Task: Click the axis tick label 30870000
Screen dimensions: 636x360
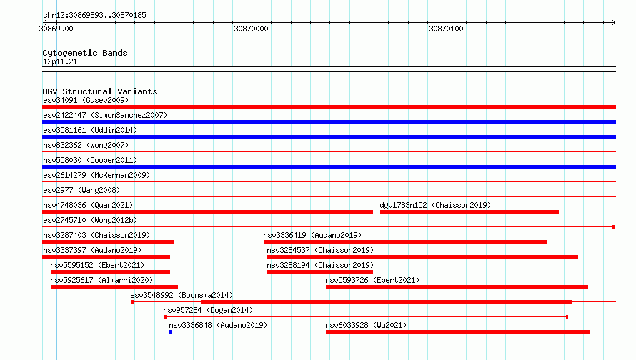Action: click(251, 29)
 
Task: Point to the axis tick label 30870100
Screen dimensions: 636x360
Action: click(446, 29)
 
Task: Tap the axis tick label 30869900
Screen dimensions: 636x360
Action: click(56, 29)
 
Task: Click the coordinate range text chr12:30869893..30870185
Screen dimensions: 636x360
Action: click(94, 16)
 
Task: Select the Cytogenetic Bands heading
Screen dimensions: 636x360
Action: click(85, 53)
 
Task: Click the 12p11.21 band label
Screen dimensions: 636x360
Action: click(60, 61)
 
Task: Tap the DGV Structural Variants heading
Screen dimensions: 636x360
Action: click(100, 91)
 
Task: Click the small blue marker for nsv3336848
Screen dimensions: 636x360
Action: click(171, 332)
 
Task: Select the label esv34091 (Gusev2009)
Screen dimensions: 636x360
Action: click(86, 100)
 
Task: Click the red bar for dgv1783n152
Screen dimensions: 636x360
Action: click(469, 212)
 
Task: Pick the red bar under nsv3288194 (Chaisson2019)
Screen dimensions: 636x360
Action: click(320, 272)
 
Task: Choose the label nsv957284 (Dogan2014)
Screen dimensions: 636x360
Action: click(208, 310)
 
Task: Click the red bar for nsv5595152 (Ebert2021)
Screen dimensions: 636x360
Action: click(110, 272)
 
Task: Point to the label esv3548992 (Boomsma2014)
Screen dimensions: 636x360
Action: click(182, 295)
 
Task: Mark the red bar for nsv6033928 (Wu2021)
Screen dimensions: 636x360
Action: click(458, 332)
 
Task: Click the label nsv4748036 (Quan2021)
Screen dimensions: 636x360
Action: click(88, 205)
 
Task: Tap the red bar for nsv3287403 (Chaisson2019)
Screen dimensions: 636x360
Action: click(109, 242)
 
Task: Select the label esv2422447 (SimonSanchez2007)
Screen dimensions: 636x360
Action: click(105, 115)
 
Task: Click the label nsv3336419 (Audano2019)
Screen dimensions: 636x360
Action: click(312, 235)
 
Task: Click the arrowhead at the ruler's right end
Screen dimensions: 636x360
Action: click(614, 22)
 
